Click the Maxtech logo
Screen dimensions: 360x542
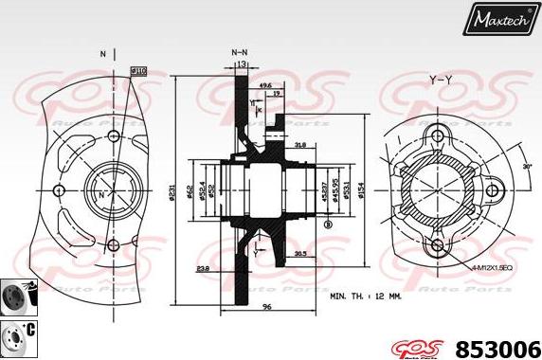[x=499, y=18]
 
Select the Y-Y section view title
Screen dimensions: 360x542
[x=441, y=81]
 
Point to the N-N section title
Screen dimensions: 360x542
[x=241, y=53]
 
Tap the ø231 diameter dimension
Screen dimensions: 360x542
[x=172, y=193]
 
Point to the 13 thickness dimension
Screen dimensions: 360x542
[x=243, y=64]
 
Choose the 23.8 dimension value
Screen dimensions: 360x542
[x=204, y=270]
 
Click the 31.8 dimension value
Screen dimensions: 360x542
[x=299, y=145]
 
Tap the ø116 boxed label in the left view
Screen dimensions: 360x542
[x=137, y=70]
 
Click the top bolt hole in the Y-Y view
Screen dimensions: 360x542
[x=438, y=133]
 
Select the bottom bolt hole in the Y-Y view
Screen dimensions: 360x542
[x=438, y=246]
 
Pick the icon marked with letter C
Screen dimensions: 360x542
[x=16, y=333]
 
